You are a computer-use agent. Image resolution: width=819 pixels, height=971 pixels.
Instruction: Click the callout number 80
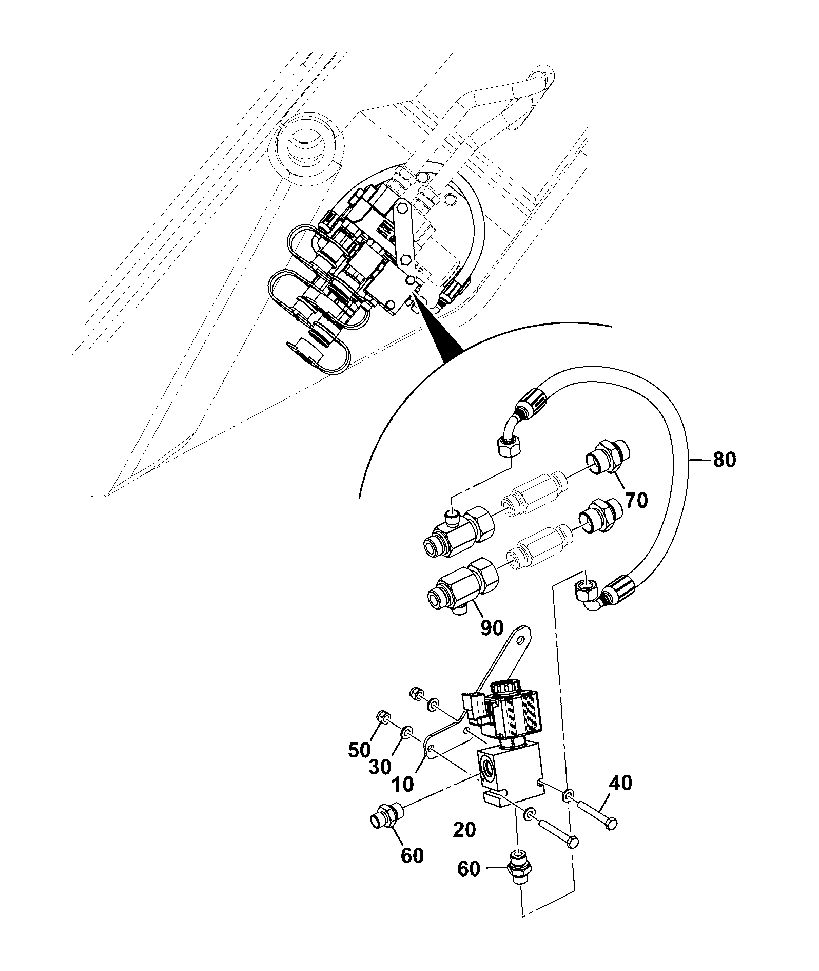pyautogui.click(x=724, y=460)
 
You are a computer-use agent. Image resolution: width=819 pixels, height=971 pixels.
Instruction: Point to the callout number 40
pyautogui.click(x=621, y=783)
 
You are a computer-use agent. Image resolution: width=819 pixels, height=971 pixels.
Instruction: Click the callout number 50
pyautogui.click(x=360, y=750)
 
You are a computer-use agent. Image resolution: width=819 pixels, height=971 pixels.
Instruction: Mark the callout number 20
pyautogui.click(x=464, y=830)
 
